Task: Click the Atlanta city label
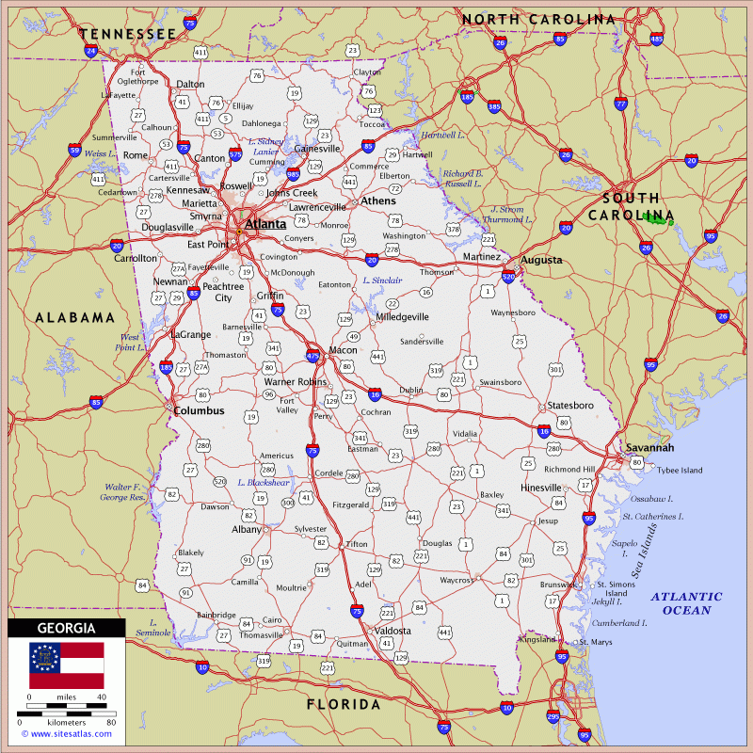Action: [266, 225]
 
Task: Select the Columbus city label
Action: [199, 411]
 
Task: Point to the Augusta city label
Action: [541, 260]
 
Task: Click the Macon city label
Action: [343, 350]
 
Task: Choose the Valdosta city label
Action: [393, 631]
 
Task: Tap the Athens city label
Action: [379, 201]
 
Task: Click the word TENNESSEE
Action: [130, 34]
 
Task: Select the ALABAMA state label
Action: [75, 318]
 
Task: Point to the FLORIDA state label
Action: [344, 704]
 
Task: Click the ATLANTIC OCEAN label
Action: [686, 603]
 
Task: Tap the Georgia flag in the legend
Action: [66, 665]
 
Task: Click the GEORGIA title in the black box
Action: [66, 628]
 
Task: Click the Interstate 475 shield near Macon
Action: [313, 357]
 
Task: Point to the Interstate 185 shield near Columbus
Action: [167, 368]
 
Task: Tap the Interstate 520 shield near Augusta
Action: [509, 277]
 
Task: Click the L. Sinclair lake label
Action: [382, 280]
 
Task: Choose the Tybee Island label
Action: [679, 470]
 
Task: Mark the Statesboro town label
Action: [570, 406]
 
